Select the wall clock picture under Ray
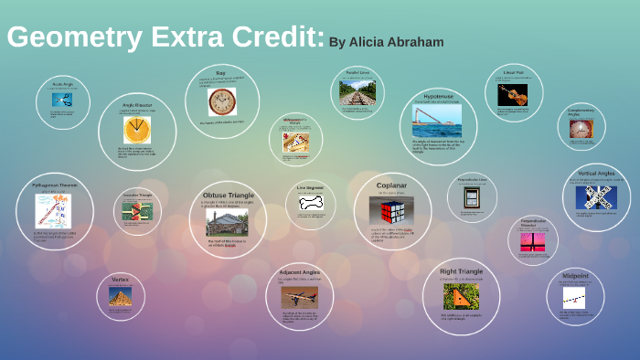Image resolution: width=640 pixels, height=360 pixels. point(220,101)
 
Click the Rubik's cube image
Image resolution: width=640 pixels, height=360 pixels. point(392,214)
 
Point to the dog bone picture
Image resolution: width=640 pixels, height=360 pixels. point(311,203)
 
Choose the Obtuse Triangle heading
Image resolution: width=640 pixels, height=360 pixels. point(228,196)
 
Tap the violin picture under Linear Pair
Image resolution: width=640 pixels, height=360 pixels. point(512,94)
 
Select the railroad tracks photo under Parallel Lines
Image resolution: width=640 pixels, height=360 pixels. point(357,92)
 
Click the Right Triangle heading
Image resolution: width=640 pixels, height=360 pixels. point(461,271)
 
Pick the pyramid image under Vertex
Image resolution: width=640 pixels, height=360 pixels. point(121,296)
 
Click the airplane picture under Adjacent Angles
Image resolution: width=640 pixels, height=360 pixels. point(300,298)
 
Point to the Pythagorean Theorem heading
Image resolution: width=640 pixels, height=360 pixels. point(47,185)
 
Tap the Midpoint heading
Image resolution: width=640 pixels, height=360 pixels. point(575,275)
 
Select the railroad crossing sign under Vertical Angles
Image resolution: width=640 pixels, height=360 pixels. point(601,196)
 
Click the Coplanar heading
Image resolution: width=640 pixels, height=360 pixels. point(392,185)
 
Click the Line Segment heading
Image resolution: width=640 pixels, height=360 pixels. point(310,186)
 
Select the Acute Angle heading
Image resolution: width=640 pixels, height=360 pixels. point(63,84)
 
